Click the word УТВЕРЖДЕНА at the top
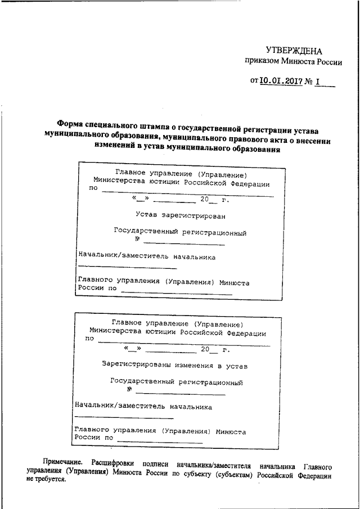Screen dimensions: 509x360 click(294, 51)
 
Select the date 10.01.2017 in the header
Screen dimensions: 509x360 click(281, 82)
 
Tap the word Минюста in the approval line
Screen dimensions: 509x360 click(304, 63)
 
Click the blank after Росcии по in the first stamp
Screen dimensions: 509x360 click(176, 293)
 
